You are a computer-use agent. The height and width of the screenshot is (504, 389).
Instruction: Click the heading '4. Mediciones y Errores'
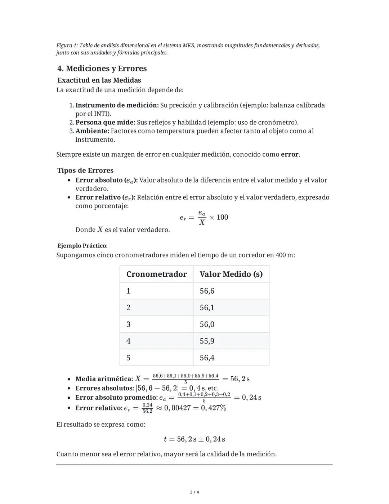102,69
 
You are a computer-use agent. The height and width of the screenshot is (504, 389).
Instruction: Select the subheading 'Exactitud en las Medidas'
99,80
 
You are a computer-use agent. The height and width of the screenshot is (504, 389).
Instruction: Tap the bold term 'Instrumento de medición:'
117,105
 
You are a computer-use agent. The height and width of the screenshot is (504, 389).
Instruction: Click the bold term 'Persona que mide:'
105,122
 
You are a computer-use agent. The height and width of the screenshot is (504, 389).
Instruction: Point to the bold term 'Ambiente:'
92,131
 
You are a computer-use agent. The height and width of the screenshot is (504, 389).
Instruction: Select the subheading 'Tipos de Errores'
85,170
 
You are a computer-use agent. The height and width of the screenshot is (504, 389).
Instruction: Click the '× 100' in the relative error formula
219,217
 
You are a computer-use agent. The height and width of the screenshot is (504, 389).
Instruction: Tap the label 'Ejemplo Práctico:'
82,246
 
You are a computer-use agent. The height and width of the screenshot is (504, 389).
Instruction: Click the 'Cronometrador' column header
156,274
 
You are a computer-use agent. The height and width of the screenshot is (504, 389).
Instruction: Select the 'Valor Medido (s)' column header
231,274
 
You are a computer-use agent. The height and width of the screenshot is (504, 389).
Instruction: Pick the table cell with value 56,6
207,291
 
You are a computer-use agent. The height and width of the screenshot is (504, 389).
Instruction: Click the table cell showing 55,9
207,341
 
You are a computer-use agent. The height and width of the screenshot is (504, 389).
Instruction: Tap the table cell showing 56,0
207,324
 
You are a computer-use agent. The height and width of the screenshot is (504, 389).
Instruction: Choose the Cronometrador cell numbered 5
128,358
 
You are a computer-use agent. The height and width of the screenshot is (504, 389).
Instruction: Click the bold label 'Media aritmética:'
104,379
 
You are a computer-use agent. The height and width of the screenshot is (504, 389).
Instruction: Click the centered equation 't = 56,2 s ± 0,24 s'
194,439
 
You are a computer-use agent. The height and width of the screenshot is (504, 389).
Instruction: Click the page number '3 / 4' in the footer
194,492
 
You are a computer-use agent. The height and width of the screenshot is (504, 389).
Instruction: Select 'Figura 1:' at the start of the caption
67,45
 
